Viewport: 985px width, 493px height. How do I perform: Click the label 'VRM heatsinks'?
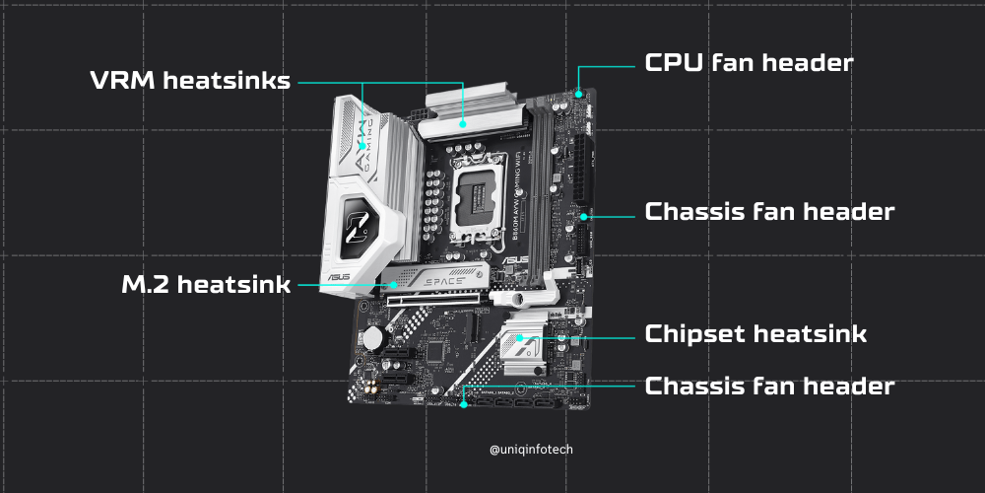(x=190, y=81)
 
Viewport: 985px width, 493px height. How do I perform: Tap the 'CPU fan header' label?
(x=748, y=63)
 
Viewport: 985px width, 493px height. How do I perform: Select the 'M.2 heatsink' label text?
(x=206, y=285)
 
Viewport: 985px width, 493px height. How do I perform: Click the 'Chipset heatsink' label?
(x=755, y=333)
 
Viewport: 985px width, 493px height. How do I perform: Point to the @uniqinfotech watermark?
(x=531, y=450)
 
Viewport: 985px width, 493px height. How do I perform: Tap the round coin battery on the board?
(x=373, y=338)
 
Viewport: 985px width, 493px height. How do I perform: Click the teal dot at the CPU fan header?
(x=579, y=94)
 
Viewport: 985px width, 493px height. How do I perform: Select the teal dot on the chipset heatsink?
(x=519, y=338)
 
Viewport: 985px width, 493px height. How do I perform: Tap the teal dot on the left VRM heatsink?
(x=362, y=144)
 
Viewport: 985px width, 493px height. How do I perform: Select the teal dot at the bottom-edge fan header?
(x=463, y=402)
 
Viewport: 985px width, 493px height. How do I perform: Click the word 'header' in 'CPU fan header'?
(x=804, y=63)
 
